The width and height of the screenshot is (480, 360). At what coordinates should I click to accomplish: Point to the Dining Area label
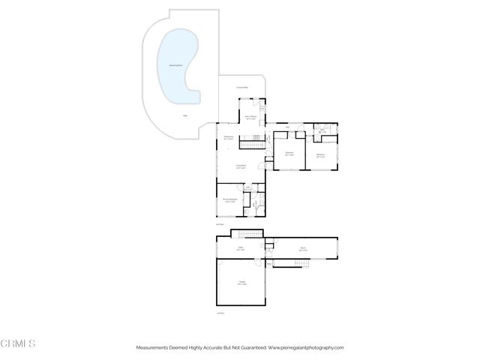point(229,137)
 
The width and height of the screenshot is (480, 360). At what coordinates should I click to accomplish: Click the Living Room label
point(241,166)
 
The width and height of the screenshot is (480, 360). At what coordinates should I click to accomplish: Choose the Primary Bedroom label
point(229,199)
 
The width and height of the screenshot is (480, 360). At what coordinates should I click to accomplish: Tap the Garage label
point(241,283)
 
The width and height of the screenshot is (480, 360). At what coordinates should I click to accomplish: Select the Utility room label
point(241,248)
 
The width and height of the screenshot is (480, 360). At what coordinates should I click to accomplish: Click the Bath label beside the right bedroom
point(322,131)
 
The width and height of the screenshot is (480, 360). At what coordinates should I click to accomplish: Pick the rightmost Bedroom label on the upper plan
point(320,155)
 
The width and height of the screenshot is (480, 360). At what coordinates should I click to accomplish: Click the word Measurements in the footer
point(154,348)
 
